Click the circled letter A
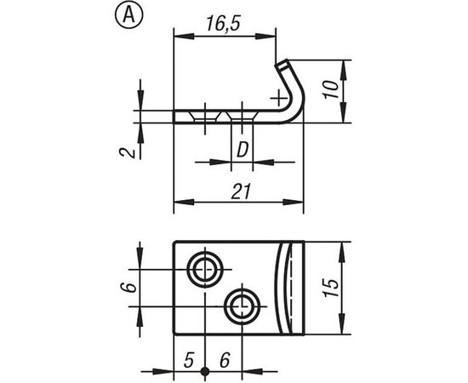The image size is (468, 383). [x=127, y=14]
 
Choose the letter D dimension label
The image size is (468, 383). [x=242, y=150]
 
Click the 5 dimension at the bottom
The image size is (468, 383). [x=189, y=360]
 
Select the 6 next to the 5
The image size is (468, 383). [x=224, y=360]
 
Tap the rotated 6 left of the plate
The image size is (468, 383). [x=125, y=288]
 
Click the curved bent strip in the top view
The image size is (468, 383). [x=292, y=288]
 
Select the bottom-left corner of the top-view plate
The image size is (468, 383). [x=174, y=334]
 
